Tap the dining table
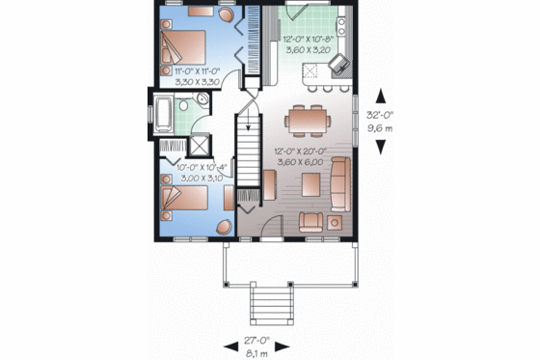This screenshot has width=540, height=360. (x=307, y=122)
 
